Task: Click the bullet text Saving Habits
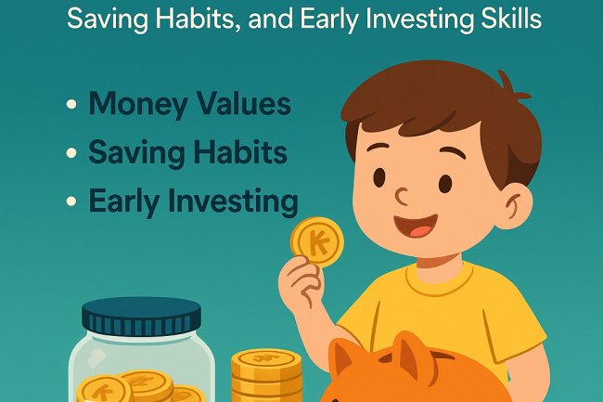pos(187,151)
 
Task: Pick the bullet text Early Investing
pos(193,200)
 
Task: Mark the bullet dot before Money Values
pos(71,104)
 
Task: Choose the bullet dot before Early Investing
pos(71,201)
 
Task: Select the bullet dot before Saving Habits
pos(71,152)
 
